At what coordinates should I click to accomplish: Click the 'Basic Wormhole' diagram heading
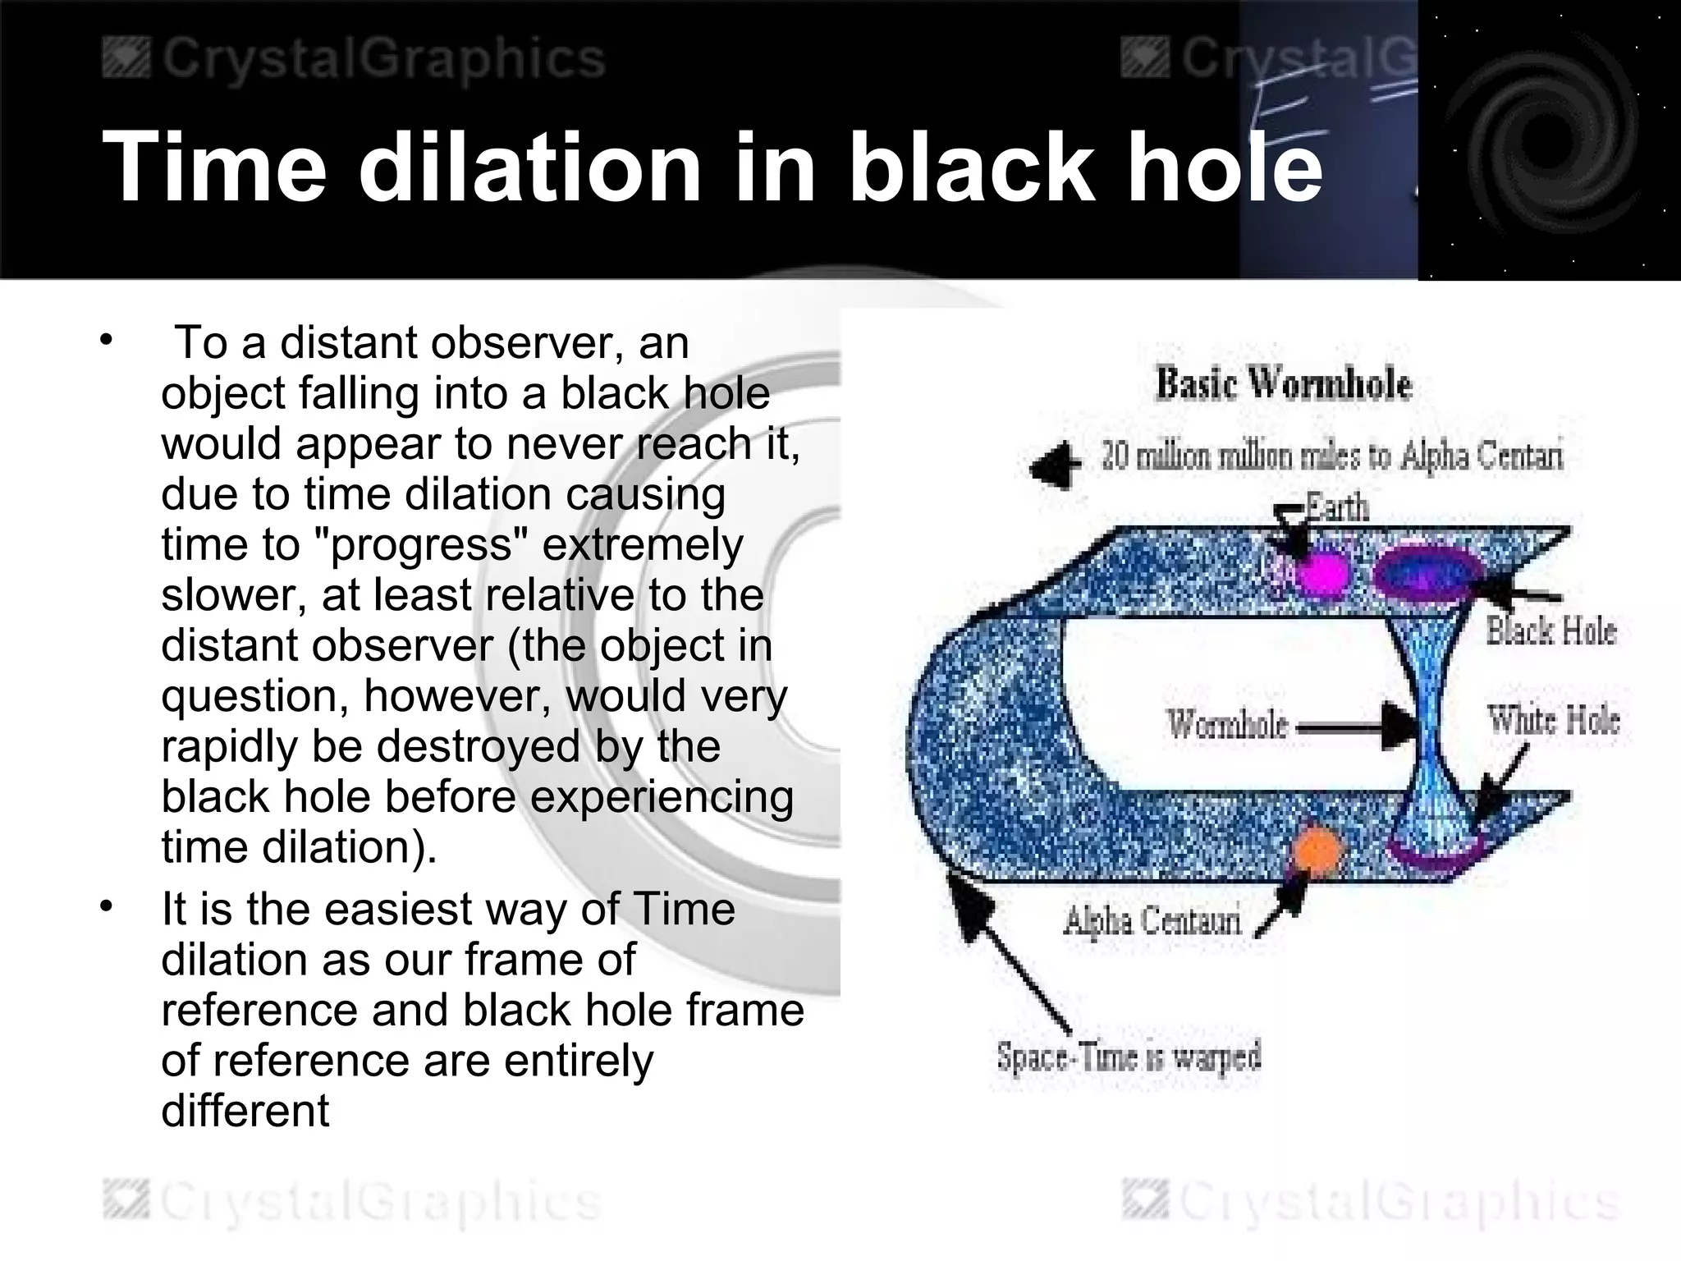(1283, 384)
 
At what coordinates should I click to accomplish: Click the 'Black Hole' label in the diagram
(1550, 630)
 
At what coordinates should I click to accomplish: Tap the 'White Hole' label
(1553, 721)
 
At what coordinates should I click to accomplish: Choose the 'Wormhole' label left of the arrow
(1227, 725)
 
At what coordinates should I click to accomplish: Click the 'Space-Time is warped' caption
(1129, 1057)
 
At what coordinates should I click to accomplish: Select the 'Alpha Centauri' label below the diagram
(1152, 921)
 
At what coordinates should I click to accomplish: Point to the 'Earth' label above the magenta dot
(1338, 507)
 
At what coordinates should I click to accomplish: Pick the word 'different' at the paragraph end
(245, 1112)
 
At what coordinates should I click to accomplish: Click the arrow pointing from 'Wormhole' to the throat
(1354, 726)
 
